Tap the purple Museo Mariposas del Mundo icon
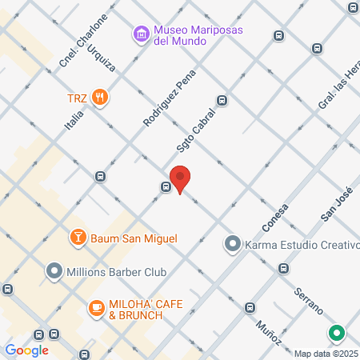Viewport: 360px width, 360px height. pos(142,34)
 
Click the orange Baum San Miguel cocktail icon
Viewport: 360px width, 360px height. pos(78,238)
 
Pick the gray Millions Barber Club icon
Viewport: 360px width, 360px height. pos(54,272)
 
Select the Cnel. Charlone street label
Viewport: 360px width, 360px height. pos(77,50)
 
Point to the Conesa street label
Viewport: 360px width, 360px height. pos(273,216)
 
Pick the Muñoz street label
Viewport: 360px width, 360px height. pos(270,335)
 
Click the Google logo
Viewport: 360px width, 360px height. pos(26,350)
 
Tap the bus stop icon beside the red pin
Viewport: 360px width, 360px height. pos(166,188)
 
